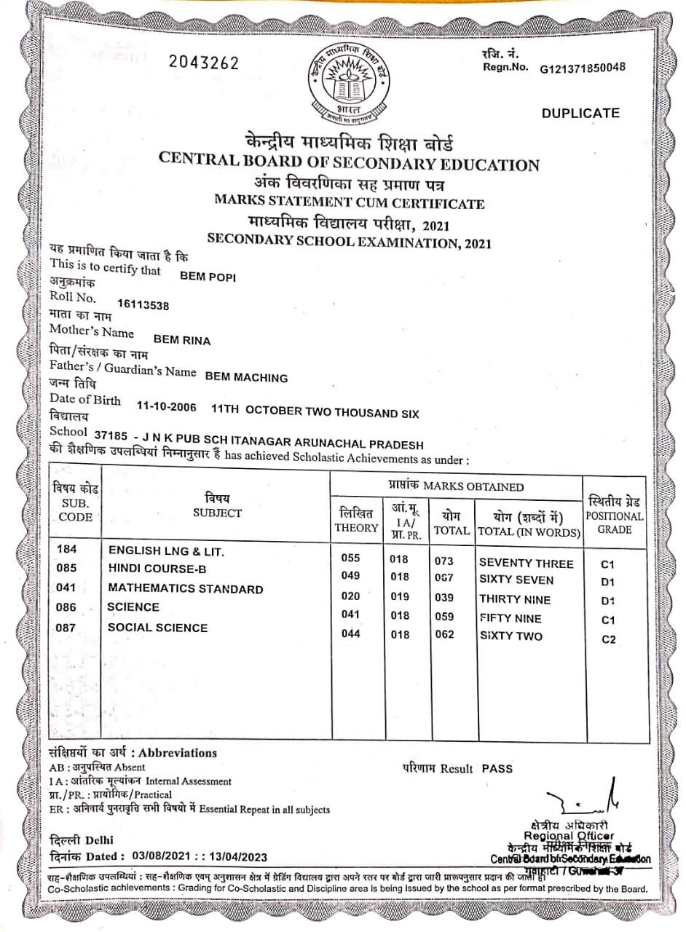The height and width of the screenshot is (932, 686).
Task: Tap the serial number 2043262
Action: (x=204, y=63)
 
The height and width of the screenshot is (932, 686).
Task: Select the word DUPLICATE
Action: (x=580, y=113)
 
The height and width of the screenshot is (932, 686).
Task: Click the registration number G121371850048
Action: (x=582, y=68)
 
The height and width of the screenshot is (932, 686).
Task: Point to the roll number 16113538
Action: (x=143, y=306)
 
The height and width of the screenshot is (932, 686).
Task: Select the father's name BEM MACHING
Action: (x=246, y=378)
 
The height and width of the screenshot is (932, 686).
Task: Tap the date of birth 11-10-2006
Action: (x=167, y=410)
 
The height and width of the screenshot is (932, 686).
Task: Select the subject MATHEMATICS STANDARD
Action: (x=186, y=588)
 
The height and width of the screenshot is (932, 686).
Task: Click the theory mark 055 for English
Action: (x=351, y=558)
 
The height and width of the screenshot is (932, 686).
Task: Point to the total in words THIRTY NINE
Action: (x=515, y=600)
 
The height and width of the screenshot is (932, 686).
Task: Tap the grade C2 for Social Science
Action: (x=609, y=640)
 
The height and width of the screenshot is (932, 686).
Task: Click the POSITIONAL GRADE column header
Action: (x=615, y=516)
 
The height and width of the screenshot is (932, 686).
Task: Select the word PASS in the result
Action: (x=497, y=768)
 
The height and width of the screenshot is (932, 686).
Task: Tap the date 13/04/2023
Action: (x=241, y=857)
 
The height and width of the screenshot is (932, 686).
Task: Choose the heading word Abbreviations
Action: (x=178, y=753)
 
